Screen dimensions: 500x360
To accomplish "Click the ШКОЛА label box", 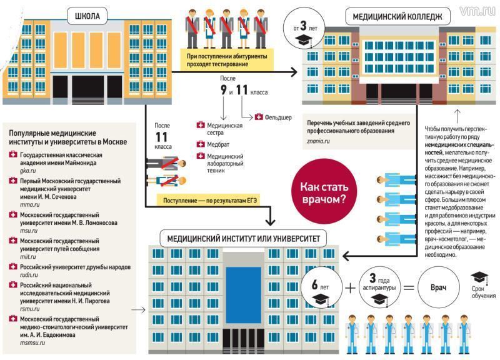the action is click(87, 16).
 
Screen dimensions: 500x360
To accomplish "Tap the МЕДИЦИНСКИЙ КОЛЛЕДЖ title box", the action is click(397, 17).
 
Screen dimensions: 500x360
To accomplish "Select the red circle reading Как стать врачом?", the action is click(324, 192).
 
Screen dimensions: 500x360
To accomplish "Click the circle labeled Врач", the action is click(439, 287).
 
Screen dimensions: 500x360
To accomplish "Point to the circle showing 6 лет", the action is click(321, 287).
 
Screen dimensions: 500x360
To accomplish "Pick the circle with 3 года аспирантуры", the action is click(379, 287).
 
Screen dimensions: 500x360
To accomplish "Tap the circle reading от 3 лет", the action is click(304, 28).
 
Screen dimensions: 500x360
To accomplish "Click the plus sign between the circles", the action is click(350, 288).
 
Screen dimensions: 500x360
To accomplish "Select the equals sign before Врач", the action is click(409, 288).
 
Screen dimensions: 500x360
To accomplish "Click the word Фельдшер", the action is click(278, 117).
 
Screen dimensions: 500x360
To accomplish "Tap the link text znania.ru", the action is click(318, 141).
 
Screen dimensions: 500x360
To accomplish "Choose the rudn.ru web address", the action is click(29, 274).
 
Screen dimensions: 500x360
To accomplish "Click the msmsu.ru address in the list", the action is click(32, 342).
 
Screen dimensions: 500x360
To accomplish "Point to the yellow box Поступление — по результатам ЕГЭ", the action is click(210, 201).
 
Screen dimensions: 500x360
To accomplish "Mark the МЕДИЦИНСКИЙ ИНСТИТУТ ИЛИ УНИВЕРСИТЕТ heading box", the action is click(243, 239).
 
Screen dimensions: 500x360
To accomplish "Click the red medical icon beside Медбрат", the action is click(201, 144).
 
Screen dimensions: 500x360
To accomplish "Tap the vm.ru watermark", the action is click(477, 11).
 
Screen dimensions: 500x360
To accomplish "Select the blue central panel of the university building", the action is click(243, 295).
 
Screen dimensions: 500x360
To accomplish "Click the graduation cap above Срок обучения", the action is click(479, 277).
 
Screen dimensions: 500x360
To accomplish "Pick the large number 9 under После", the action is click(224, 90).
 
